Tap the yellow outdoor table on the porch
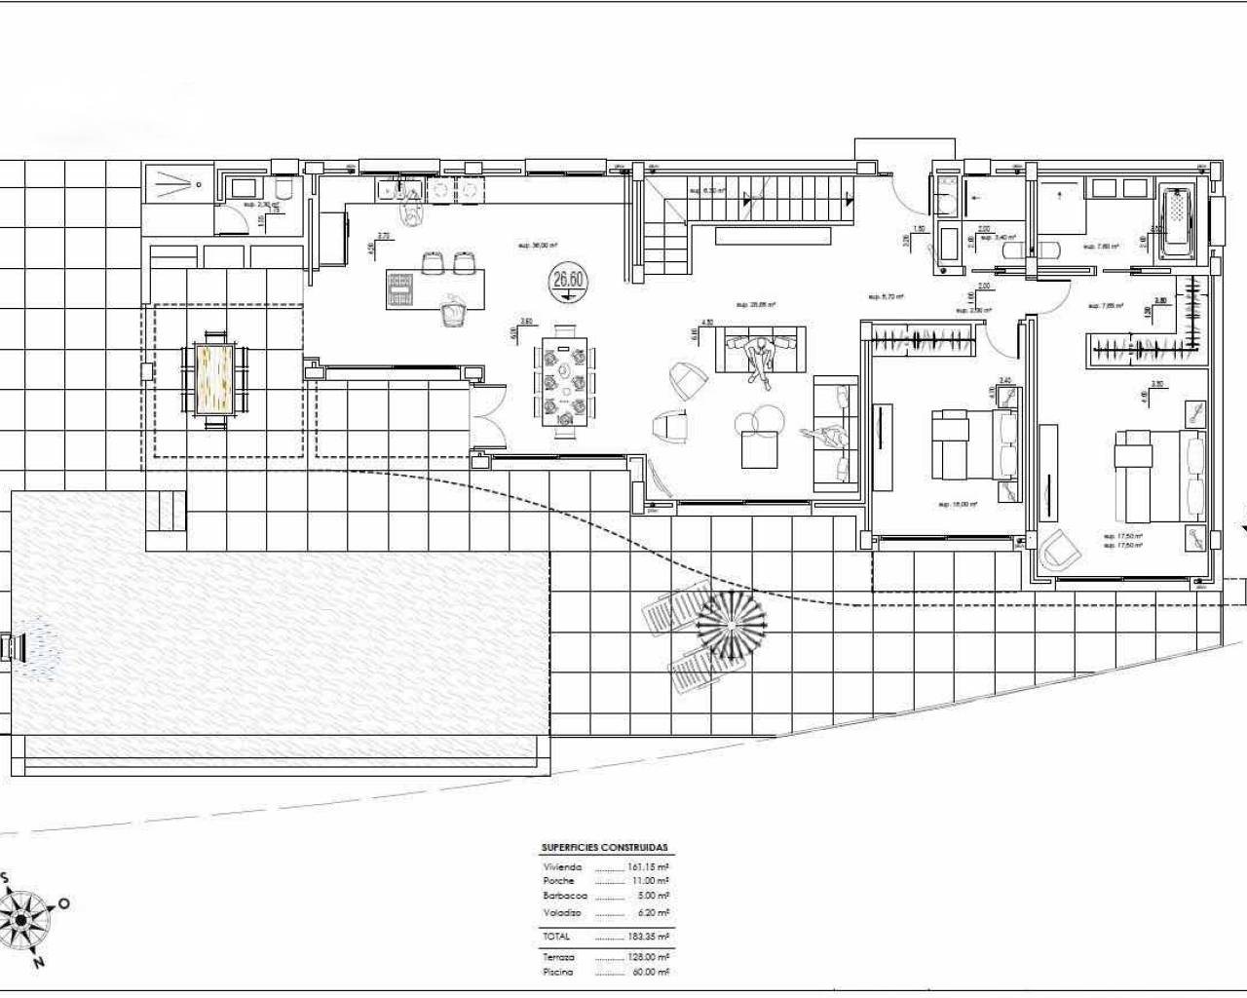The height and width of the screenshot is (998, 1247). (x=214, y=376)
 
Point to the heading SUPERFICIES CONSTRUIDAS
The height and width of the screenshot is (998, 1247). (x=604, y=848)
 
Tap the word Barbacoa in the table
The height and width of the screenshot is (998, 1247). (x=565, y=895)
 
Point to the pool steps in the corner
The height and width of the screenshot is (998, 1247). (x=165, y=511)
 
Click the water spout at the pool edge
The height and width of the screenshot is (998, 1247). (x=14, y=646)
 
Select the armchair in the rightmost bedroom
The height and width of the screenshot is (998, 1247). (x=1062, y=552)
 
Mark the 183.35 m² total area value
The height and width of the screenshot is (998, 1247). (x=649, y=936)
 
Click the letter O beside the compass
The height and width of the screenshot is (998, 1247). (x=64, y=903)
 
